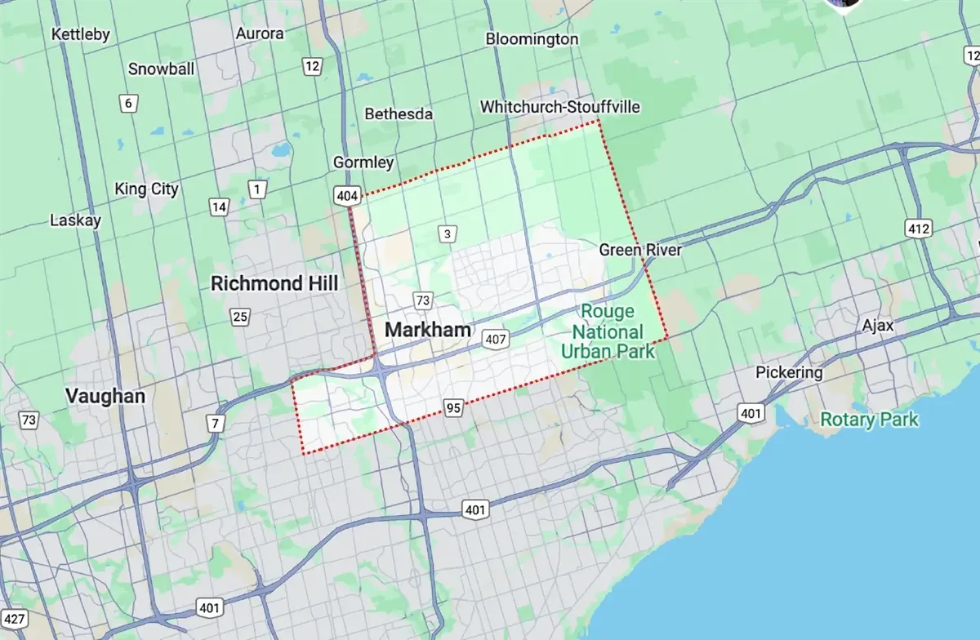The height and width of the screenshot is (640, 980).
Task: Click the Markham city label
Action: tap(427, 330)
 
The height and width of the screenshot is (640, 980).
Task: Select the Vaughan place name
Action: tap(105, 396)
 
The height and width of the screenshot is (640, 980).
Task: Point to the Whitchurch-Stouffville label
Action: tap(560, 107)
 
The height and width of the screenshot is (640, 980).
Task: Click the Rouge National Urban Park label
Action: tap(608, 331)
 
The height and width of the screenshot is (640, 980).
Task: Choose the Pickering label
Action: tap(789, 372)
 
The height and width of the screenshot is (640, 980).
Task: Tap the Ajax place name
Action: tap(878, 326)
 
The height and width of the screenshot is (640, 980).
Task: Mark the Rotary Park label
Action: tap(869, 420)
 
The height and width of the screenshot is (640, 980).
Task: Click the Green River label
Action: tap(639, 250)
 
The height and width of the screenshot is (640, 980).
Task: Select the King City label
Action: tap(146, 189)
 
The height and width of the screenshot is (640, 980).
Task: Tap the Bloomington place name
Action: tap(532, 38)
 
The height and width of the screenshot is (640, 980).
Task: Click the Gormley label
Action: tap(363, 162)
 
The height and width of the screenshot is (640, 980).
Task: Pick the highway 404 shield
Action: tap(344, 195)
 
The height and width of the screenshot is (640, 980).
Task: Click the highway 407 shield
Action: tap(495, 338)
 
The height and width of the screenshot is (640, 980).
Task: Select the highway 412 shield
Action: tap(919, 229)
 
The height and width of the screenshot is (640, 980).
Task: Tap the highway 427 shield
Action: tap(12, 618)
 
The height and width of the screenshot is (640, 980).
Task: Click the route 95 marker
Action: tap(454, 407)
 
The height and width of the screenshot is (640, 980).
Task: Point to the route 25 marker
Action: tap(239, 317)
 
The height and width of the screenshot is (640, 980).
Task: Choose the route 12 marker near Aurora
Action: tap(312, 66)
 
